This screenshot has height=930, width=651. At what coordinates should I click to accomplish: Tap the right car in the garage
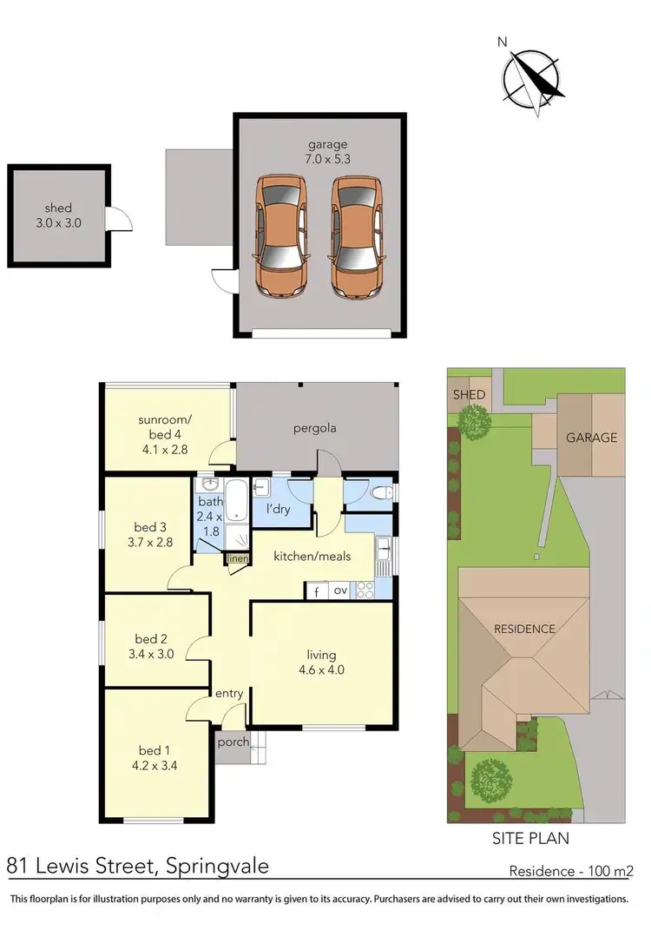[356, 234]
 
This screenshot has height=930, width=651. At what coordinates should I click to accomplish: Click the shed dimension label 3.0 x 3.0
[59, 222]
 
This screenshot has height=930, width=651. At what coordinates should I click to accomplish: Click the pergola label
[315, 428]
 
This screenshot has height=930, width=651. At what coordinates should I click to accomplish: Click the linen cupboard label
[238, 559]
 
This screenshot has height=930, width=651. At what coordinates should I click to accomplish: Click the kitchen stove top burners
[365, 590]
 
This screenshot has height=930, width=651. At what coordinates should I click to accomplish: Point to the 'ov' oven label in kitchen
[341, 591]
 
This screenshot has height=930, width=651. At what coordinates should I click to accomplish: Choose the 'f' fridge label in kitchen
[317, 591]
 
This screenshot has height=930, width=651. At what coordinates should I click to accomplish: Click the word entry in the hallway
[229, 693]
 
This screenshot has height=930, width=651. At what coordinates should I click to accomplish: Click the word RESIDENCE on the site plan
[524, 629]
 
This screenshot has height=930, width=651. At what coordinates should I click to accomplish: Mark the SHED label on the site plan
[468, 395]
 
